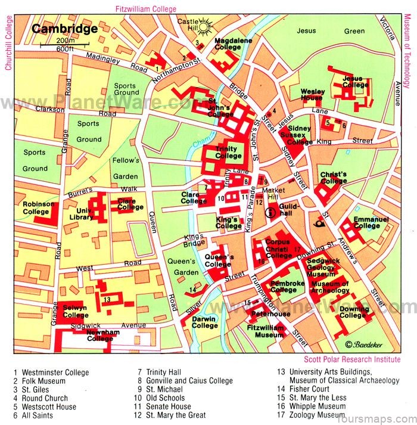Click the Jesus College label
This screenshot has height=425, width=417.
click(x=356, y=82)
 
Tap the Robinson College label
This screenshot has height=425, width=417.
click(x=39, y=207)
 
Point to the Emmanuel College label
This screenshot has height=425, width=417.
click(x=371, y=222)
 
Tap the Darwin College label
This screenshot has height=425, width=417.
click(x=204, y=322)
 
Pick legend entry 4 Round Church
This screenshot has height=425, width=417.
click(x=41, y=398)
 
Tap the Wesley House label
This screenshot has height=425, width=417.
click(x=312, y=95)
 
